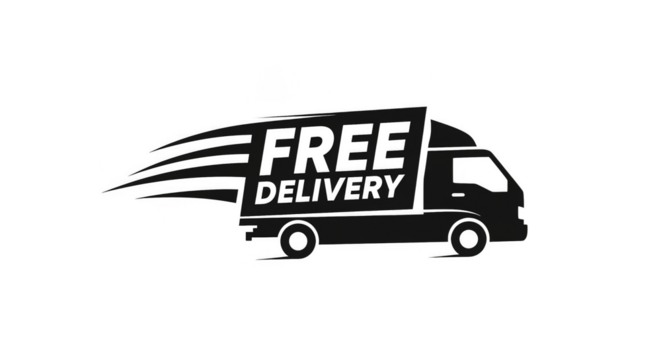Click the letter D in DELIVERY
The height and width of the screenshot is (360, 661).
[264, 192]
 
